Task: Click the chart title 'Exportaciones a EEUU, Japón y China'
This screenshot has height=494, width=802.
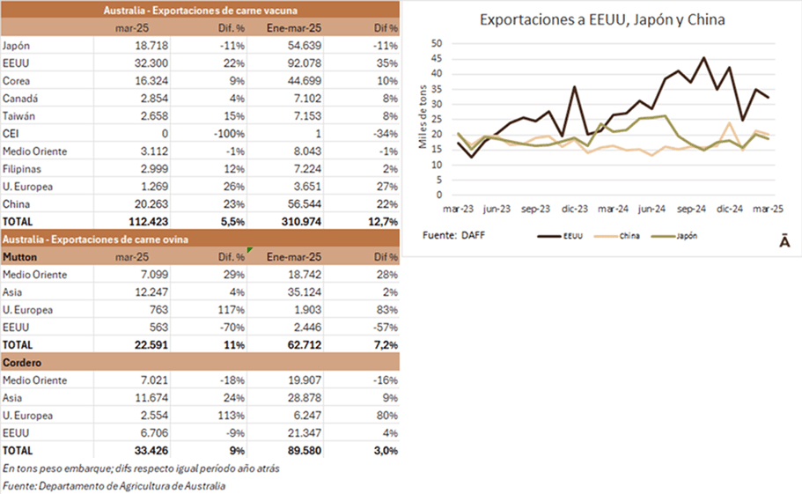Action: [x=602, y=19]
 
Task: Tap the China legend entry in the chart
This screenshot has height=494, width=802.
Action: [x=629, y=236]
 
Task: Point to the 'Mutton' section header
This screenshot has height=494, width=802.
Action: [x=20, y=256]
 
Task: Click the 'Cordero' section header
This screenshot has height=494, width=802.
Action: [x=22, y=362]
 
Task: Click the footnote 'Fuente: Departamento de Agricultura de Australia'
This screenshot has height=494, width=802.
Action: [x=114, y=485]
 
